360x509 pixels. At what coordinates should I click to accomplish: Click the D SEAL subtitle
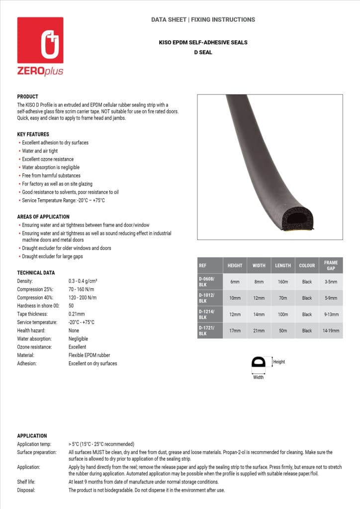203,52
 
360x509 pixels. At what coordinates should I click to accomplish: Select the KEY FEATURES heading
33,134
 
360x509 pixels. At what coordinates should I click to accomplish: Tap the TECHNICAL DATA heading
36,273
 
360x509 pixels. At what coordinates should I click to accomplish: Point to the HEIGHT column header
235,265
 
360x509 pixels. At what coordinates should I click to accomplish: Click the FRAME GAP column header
331,265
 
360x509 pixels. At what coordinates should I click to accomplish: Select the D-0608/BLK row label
207,282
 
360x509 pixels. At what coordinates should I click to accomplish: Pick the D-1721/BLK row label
207,331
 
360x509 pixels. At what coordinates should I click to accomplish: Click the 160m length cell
283,282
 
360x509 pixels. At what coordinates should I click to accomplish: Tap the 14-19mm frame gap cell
331,331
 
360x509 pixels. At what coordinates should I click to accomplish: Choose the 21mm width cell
259,331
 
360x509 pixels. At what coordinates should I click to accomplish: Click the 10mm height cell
235,298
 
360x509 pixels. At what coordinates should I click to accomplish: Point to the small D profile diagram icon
259,362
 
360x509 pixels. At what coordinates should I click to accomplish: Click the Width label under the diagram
259,377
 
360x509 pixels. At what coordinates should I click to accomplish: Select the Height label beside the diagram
279,362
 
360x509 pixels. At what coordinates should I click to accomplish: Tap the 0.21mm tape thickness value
77,314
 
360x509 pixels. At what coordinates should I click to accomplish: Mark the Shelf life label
27,482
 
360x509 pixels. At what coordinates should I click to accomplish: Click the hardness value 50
71,306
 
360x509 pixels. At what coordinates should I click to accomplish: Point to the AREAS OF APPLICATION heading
43,217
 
